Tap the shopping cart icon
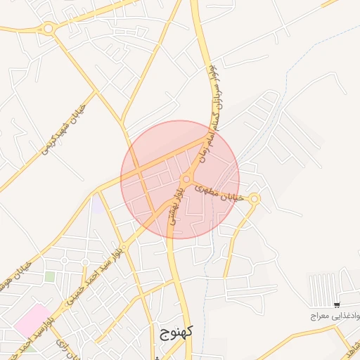coord(337,304)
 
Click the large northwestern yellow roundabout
coord(48,29)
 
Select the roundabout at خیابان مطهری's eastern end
coord(255,200)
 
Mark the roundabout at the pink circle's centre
coord(188,179)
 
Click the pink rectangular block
coord(32,321)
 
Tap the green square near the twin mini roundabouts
coord(50,276)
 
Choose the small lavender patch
coord(96,205)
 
